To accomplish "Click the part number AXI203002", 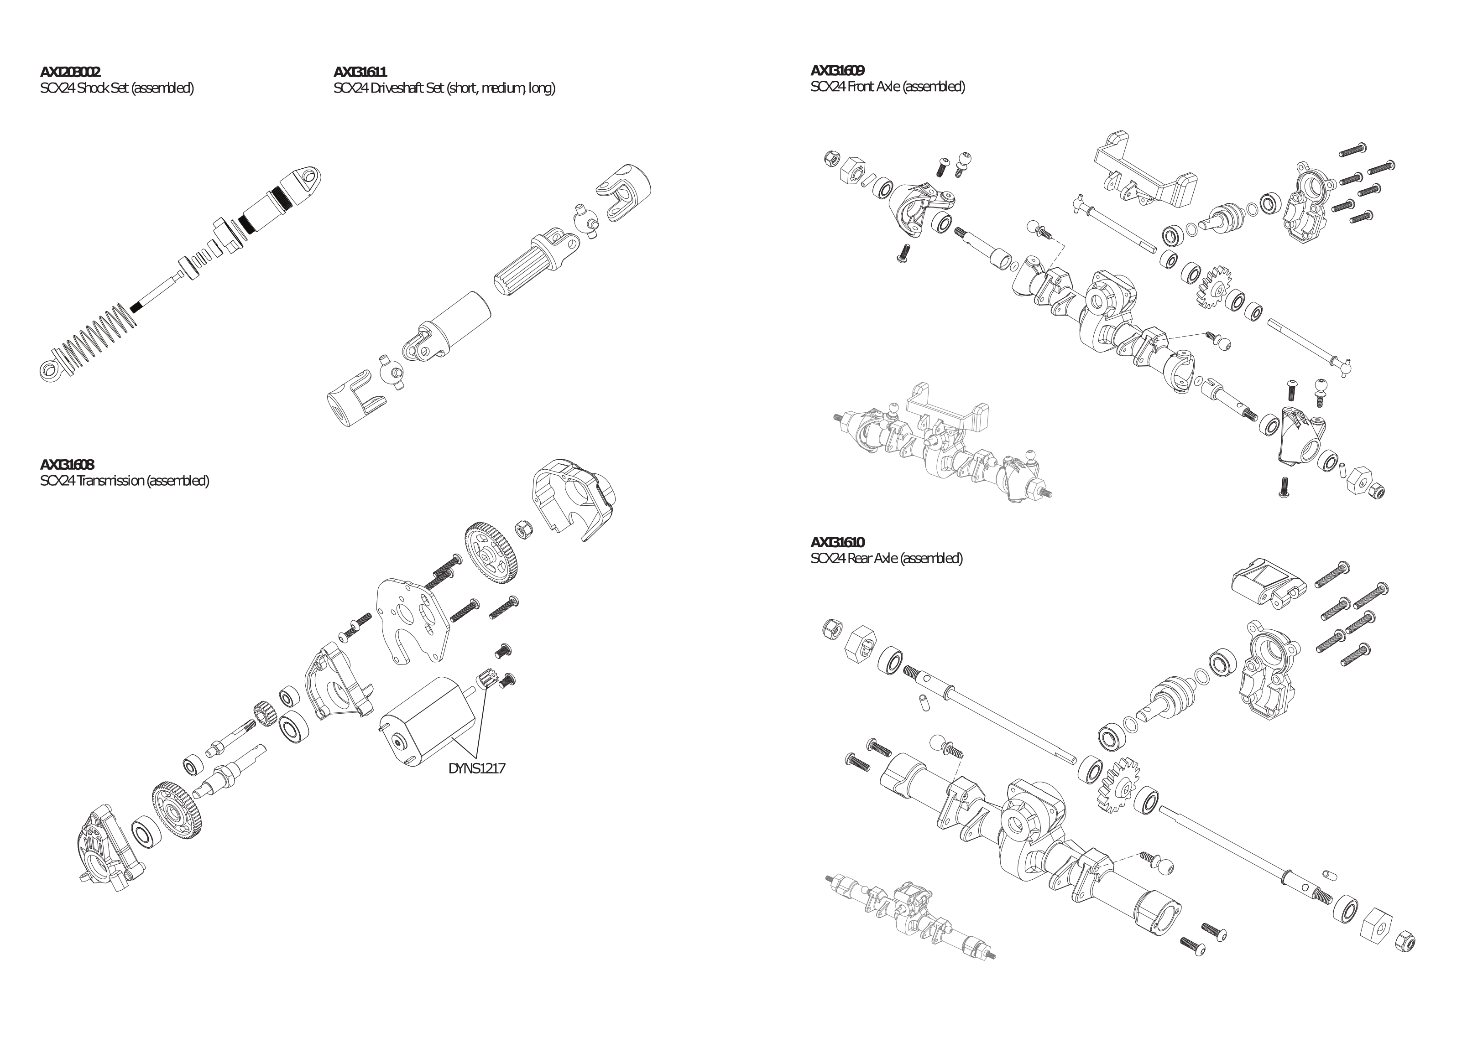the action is coord(70,72).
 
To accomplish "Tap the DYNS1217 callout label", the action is coord(477,768).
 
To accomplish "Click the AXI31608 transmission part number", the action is coord(67,464).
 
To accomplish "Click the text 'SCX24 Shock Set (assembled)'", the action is coord(117,88).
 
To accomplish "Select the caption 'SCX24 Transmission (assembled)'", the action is coord(125,481).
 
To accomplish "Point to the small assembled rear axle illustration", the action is coord(911,920).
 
